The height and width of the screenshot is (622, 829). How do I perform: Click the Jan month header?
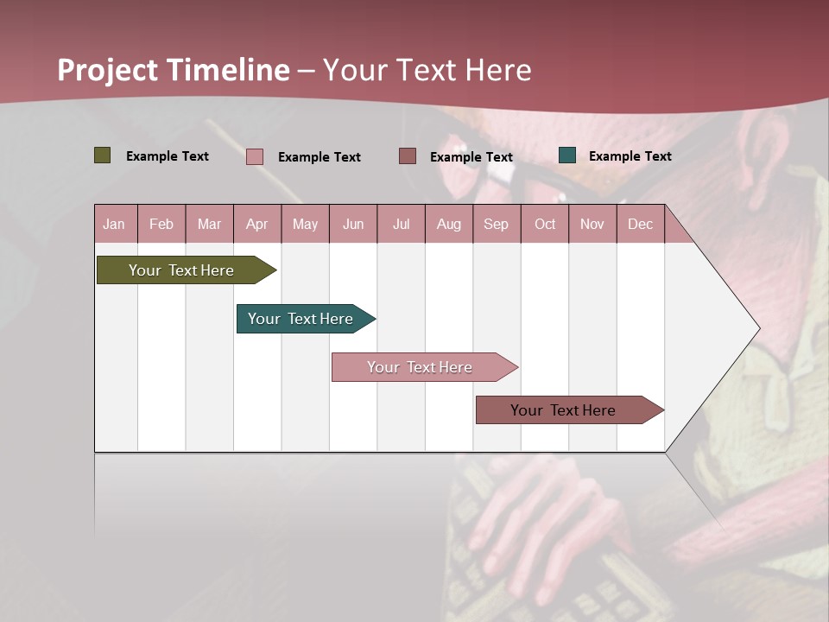pos(115,224)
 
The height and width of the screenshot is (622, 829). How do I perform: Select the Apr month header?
pos(257,224)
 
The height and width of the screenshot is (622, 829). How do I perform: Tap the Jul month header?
pos(401,224)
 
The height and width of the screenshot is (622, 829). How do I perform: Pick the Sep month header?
pos(496,224)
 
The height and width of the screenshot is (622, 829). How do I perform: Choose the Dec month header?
pos(640,224)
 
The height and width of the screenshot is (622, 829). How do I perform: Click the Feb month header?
pos(161,224)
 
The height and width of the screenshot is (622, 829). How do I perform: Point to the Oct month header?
pos(545,224)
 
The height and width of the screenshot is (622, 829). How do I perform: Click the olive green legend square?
pos(103,155)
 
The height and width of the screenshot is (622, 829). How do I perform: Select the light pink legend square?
pos(255,156)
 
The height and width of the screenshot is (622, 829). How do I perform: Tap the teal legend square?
pos(567,155)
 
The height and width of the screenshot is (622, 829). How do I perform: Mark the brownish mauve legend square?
pos(408,156)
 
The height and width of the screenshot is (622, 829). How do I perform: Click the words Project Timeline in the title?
pos(174,70)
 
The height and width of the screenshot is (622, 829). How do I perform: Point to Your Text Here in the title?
pos(427,70)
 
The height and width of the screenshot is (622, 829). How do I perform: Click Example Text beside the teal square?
pos(630,156)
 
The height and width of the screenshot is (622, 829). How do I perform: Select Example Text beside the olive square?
pos(168,156)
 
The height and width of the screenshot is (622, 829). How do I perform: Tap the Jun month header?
pos(353,224)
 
